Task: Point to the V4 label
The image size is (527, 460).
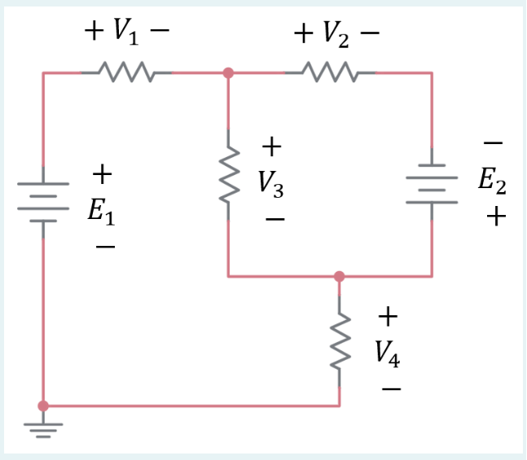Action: pyautogui.click(x=388, y=352)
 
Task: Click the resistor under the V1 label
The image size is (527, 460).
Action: pyautogui.click(x=126, y=72)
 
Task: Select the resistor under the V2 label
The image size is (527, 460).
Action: pyautogui.click(x=330, y=72)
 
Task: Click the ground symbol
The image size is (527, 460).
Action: pyautogui.click(x=44, y=428)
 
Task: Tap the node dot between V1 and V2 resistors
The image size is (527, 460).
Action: pyautogui.click(x=228, y=72)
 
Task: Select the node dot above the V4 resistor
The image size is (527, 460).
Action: pyautogui.click(x=340, y=277)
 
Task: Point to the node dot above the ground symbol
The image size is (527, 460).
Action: pyautogui.click(x=44, y=405)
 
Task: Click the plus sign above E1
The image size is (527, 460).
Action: pyautogui.click(x=101, y=173)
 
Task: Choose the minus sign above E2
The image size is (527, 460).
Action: pyautogui.click(x=492, y=143)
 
